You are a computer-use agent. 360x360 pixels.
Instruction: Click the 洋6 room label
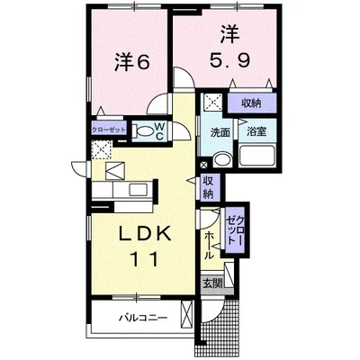(x=131, y=63)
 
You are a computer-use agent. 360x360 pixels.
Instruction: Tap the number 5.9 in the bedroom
(x=229, y=61)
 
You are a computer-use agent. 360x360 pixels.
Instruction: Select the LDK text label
(x=146, y=233)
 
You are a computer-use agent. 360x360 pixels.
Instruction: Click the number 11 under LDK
(x=144, y=259)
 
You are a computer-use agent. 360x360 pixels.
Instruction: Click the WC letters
(x=159, y=130)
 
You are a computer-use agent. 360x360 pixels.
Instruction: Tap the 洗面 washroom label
(x=220, y=132)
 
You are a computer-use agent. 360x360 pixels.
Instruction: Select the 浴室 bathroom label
(x=256, y=131)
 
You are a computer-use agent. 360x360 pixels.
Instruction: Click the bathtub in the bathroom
(x=256, y=156)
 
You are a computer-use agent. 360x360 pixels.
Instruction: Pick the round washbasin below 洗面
(x=222, y=159)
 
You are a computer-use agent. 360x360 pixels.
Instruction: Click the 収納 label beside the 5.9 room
(x=251, y=103)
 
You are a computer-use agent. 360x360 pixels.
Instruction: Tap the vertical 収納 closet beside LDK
(x=207, y=187)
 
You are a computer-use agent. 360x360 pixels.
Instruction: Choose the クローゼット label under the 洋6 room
(x=108, y=130)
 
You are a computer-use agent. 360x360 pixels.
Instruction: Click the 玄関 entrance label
(x=212, y=283)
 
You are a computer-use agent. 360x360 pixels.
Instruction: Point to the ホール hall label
(x=209, y=246)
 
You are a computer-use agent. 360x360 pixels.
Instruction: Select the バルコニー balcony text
(x=142, y=318)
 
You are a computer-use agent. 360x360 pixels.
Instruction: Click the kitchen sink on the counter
(x=138, y=190)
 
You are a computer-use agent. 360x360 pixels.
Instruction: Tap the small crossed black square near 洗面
(x=203, y=165)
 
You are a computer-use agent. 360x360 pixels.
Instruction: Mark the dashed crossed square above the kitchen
(x=102, y=149)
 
